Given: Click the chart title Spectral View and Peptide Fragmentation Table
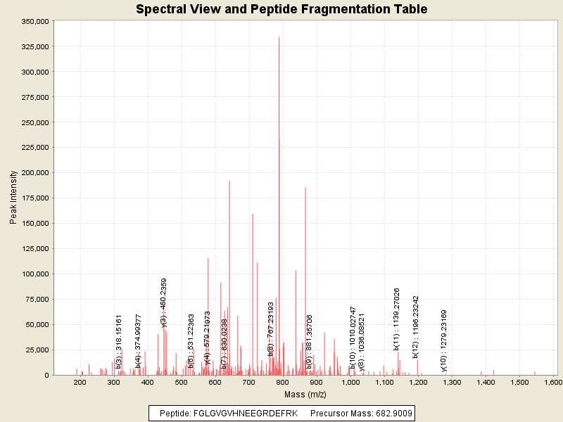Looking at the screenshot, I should point(281,9).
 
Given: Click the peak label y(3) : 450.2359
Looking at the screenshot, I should point(164,302).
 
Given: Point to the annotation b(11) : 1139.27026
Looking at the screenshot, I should point(397,319).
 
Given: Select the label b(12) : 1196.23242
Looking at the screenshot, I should point(416,327).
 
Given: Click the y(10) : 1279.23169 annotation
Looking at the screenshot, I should point(444,340).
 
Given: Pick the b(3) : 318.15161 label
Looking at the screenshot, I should point(119,341).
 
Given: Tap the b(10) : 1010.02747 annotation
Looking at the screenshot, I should point(353,338).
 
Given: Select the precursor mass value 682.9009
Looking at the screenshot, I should point(394,413).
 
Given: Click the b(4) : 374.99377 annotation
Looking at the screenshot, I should point(139,340).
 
